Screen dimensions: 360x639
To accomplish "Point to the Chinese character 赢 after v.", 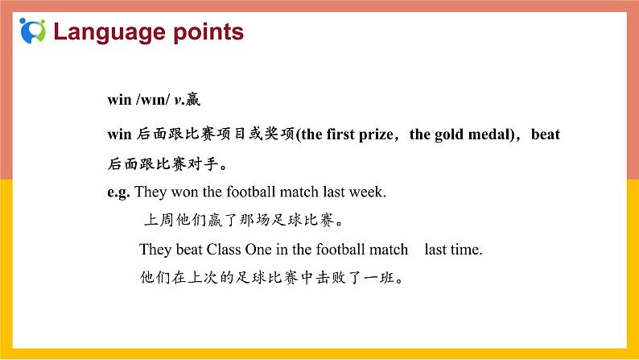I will point(192,100).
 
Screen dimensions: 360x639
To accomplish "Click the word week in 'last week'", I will point(369,192).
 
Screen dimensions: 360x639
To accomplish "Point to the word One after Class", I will point(262,250).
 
